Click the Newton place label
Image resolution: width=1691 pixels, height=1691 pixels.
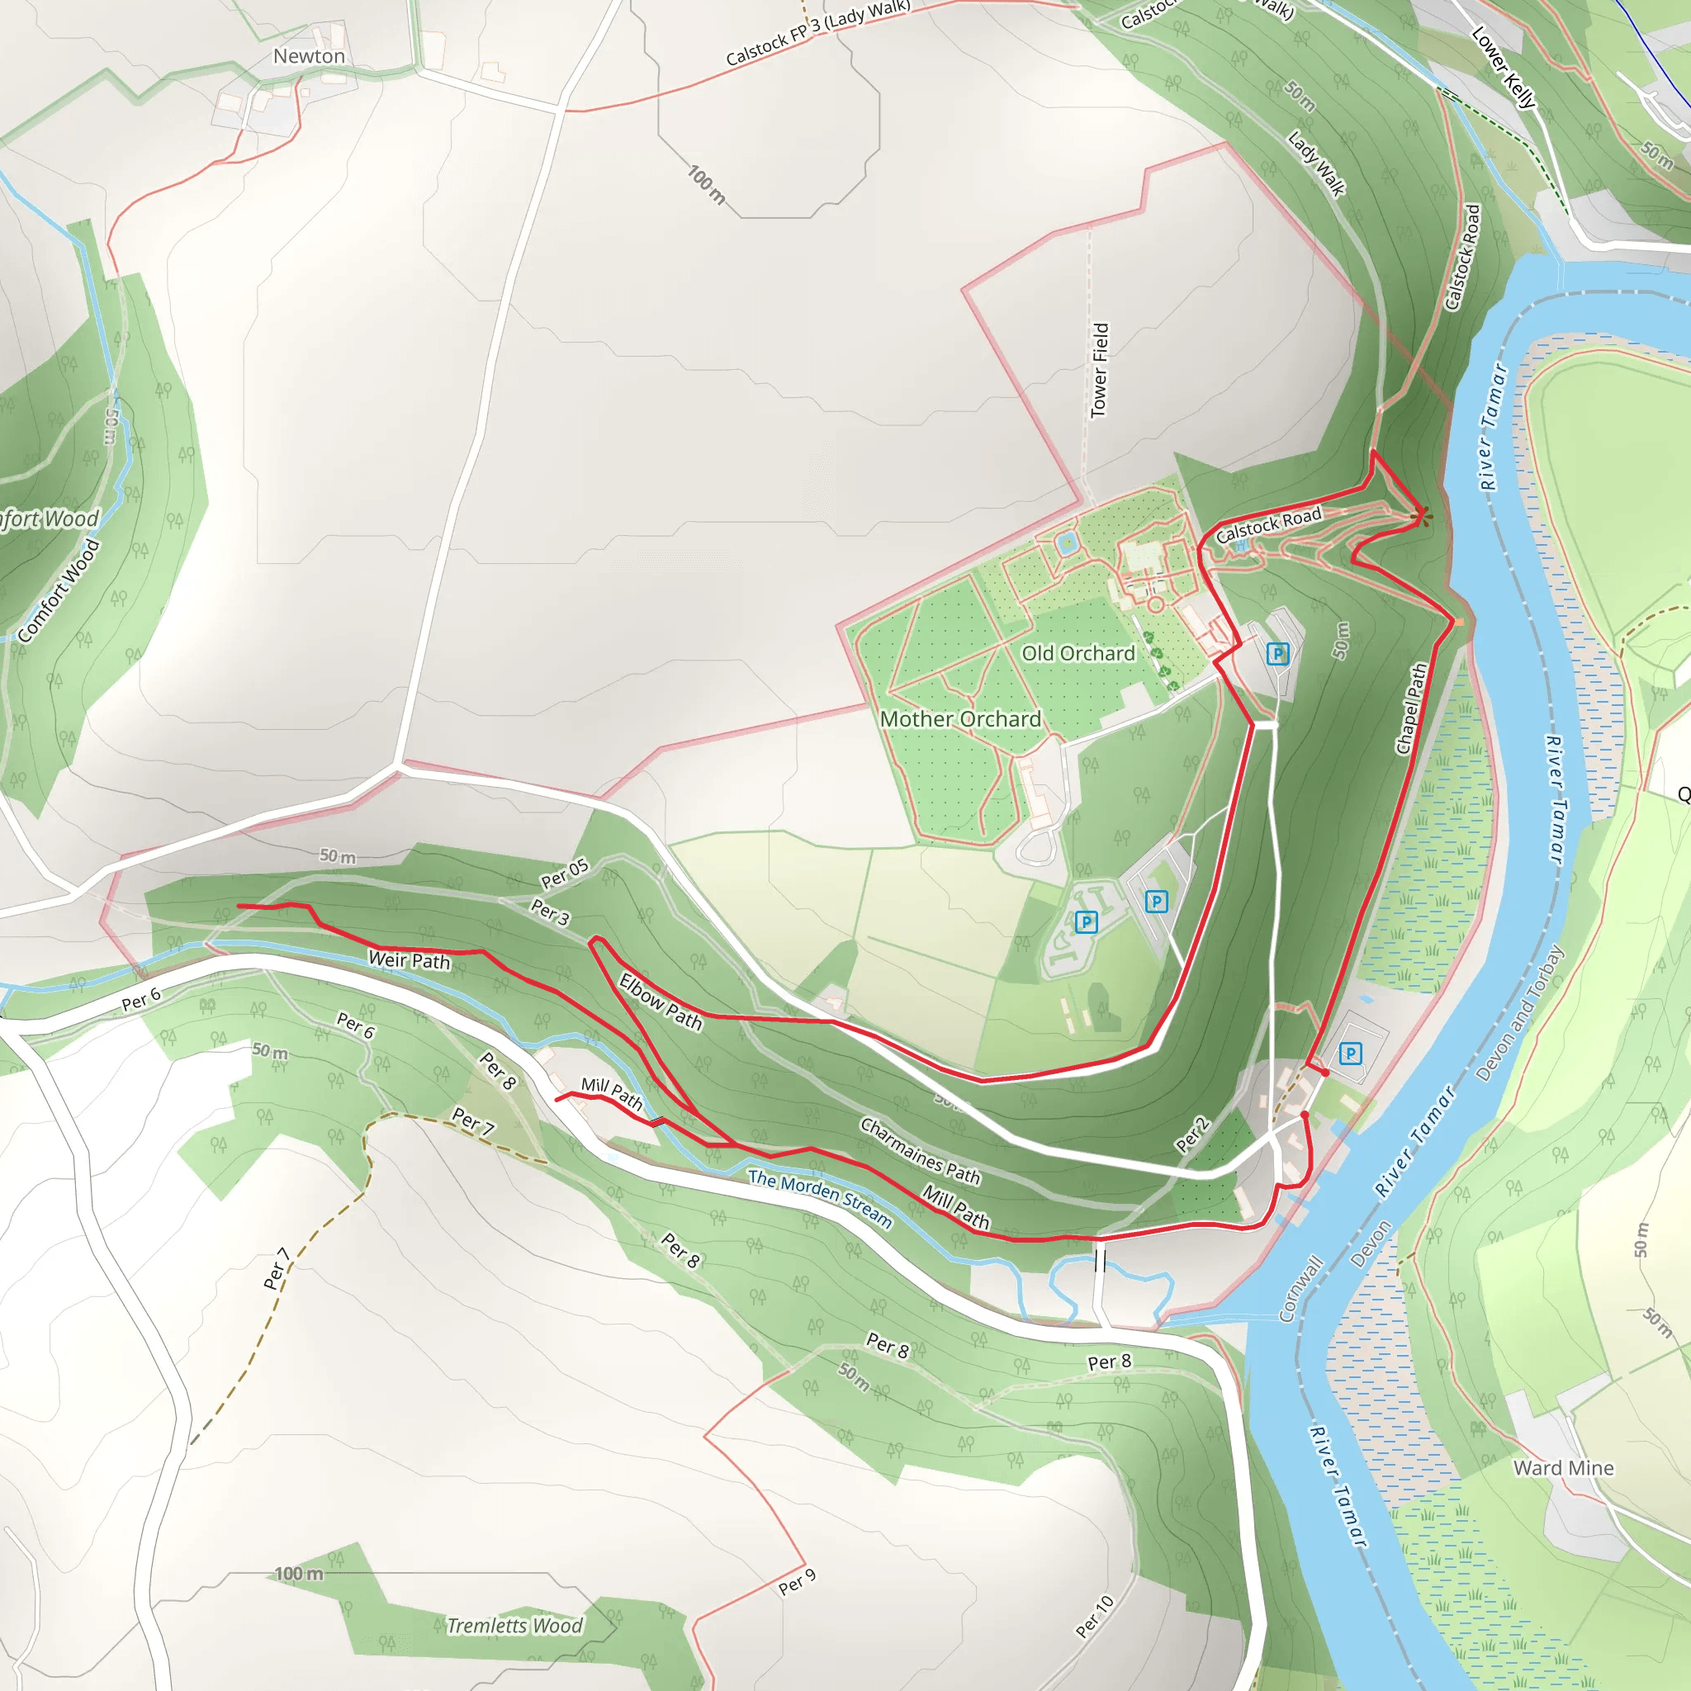(x=309, y=56)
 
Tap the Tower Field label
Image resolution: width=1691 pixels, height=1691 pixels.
(x=1099, y=370)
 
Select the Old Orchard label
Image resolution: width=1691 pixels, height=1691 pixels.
(x=1078, y=654)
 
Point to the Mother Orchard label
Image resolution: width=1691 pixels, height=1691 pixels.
(x=960, y=719)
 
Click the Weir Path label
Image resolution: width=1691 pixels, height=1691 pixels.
(x=409, y=960)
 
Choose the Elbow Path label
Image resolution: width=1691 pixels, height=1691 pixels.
(x=661, y=1002)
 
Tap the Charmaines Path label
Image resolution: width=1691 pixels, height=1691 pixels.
(x=920, y=1151)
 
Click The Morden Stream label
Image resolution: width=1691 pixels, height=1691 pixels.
(x=820, y=1198)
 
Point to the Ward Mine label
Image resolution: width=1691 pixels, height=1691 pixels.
(x=1563, y=1468)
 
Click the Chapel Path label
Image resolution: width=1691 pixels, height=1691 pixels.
(x=1411, y=709)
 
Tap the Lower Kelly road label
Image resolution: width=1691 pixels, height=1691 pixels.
(x=1504, y=68)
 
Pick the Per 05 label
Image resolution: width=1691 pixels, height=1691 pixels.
(x=565, y=874)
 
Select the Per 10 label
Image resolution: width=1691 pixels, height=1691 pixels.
(x=1094, y=1617)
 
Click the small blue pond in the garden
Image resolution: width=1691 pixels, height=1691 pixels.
(x=1067, y=543)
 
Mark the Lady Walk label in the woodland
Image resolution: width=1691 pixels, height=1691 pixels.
(x=1315, y=163)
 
